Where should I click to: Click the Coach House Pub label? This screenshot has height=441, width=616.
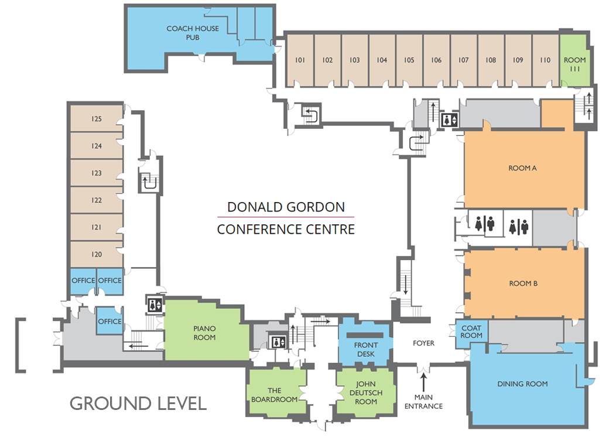point(193,33)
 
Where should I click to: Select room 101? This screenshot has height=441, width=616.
point(300,60)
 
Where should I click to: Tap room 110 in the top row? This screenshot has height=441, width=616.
point(545,60)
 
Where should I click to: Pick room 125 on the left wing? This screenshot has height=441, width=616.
point(97,119)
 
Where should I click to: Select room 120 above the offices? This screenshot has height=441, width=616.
point(97,255)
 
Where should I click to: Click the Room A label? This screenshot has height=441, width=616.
point(522,168)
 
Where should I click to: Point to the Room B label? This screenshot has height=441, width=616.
point(523,283)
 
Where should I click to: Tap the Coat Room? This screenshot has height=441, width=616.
point(471,331)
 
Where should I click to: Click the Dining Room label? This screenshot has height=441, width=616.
point(522,384)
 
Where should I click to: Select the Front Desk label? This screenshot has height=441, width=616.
point(365,350)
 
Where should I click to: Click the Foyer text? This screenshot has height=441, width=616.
point(423,343)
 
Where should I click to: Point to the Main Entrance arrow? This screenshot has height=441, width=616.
point(423,381)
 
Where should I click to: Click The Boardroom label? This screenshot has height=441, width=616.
point(275,395)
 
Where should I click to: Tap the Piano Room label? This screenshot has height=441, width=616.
point(204,333)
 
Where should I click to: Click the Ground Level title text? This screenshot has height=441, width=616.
point(138,404)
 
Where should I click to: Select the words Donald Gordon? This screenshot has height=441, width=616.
point(286,207)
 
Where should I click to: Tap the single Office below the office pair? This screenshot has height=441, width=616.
point(109,322)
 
